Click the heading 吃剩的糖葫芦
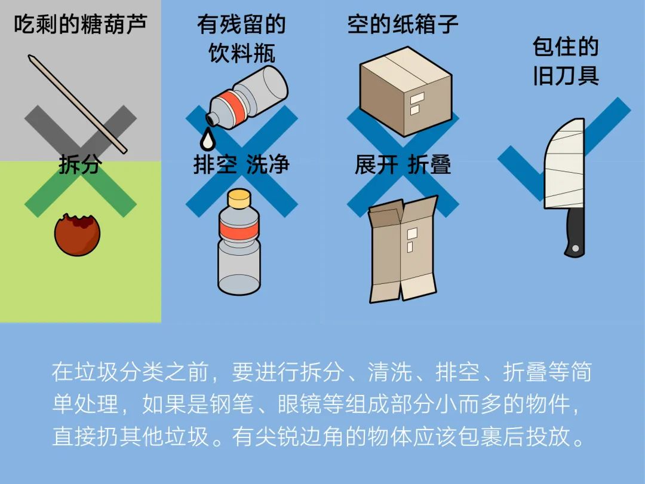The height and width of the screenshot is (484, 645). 80,24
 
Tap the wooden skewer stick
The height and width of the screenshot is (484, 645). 78,104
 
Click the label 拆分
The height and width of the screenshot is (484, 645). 80,165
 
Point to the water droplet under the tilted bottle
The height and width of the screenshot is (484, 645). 207,139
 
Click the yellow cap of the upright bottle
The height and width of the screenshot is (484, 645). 239,199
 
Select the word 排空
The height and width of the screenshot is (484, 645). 215,165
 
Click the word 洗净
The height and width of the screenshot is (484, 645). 268,165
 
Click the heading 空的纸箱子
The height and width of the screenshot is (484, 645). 403,24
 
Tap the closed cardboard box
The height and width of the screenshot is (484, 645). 406,91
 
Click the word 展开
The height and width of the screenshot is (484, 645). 376,165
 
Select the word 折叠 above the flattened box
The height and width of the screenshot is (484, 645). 429,165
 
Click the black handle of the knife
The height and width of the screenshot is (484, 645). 575,232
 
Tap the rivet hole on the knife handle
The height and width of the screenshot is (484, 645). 576,248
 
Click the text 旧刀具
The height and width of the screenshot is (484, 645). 566,76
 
